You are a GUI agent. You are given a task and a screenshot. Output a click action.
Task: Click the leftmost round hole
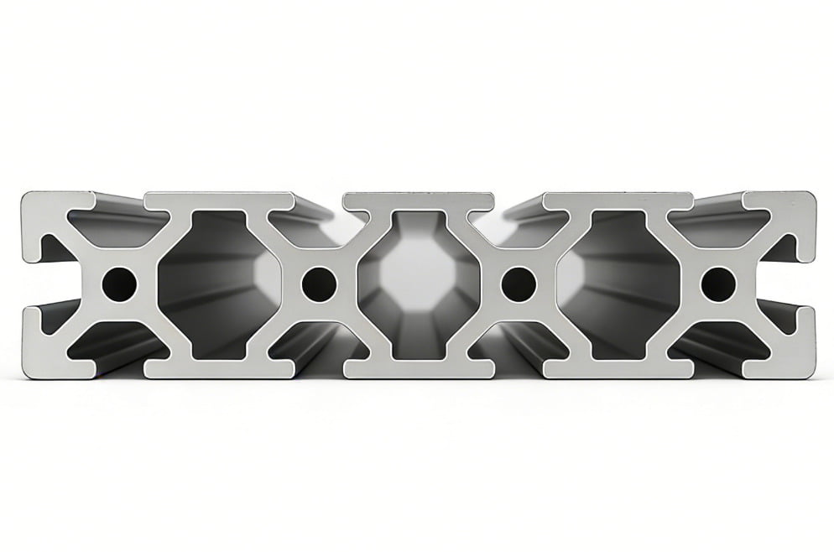(x=119, y=284)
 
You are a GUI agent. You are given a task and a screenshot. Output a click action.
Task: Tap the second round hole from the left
(x=319, y=284)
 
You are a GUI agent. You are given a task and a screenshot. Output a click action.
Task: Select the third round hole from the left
(x=519, y=284)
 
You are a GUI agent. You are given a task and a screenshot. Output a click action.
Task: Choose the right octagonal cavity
(x=618, y=284)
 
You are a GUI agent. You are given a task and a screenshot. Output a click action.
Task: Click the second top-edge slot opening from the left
(x=319, y=198)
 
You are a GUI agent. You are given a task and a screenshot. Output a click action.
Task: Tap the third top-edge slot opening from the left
(x=519, y=198)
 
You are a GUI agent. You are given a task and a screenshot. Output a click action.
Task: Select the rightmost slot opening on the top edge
(x=718, y=198)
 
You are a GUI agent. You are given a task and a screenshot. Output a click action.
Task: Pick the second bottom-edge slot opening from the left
(x=319, y=372)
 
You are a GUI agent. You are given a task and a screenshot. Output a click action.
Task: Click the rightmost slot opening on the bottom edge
(x=718, y=372)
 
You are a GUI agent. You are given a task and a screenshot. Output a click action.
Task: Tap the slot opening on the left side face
(x=29, y=284)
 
